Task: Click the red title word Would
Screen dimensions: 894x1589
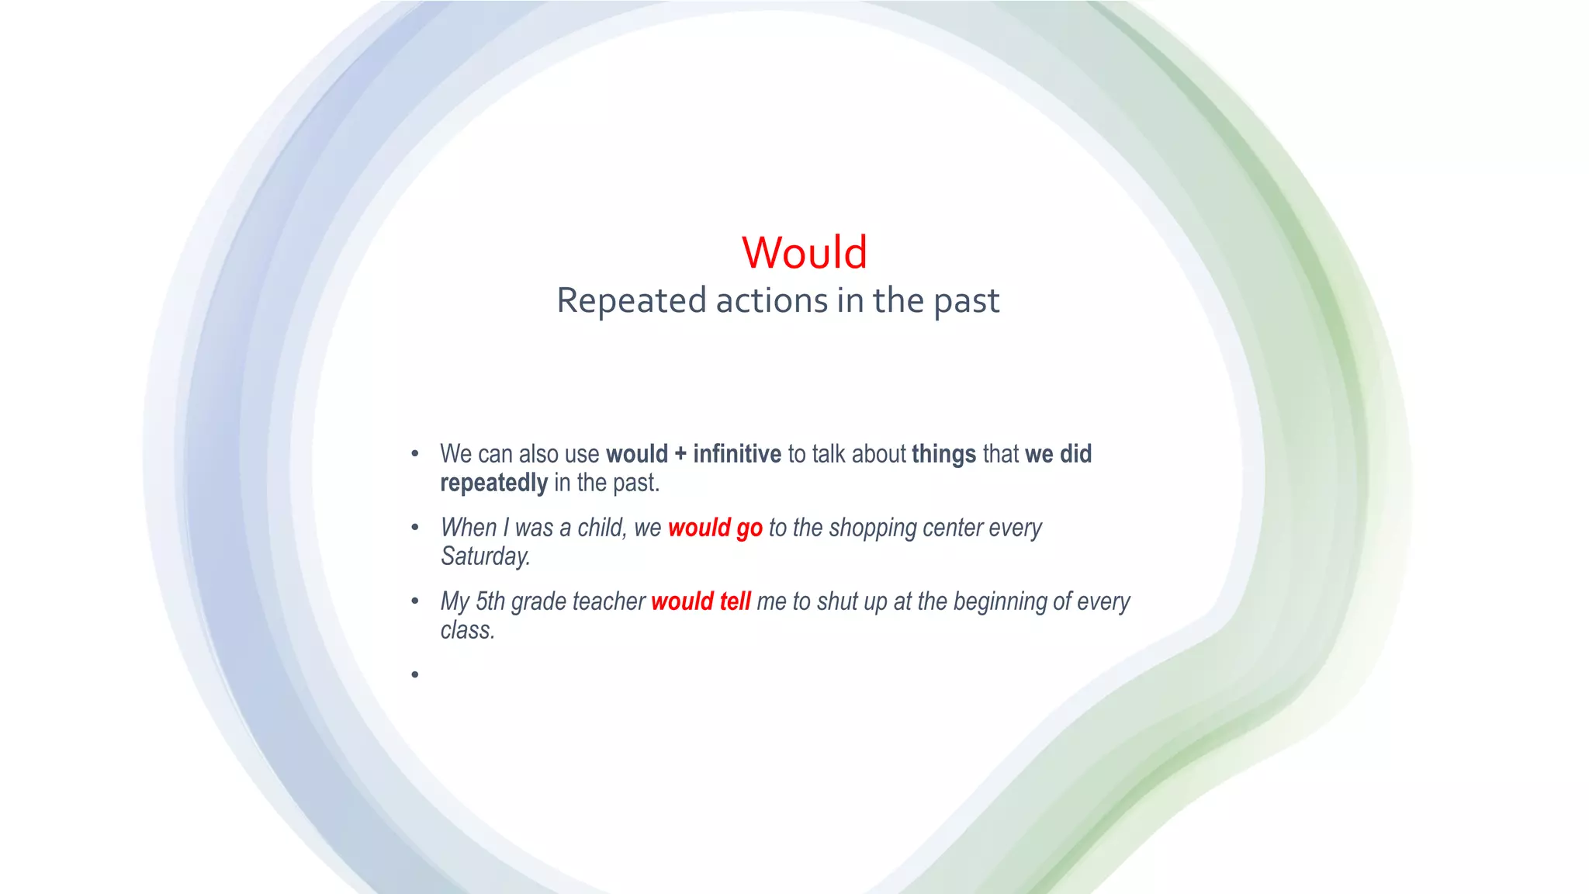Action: [805, 253]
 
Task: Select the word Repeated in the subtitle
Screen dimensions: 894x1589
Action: [631, 301]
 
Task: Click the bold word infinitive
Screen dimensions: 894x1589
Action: [736, 454]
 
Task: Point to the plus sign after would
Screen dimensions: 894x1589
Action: [680, 455]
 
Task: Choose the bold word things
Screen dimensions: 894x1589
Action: [943, 454]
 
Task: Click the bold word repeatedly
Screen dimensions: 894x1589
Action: [493, 483]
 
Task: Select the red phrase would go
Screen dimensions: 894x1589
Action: [715, 528]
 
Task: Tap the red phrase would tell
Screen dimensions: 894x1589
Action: [701, 602]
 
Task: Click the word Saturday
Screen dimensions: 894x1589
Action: [486, 556]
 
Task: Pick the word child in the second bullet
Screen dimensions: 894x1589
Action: [601, 528]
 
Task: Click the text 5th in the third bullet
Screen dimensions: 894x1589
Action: [490, 601]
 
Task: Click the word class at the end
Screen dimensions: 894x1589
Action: [466, 630]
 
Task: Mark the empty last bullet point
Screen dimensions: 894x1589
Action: [415, 674]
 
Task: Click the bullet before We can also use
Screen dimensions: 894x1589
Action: [415, 454]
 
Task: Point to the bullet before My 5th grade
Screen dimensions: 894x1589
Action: [415, 601]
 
